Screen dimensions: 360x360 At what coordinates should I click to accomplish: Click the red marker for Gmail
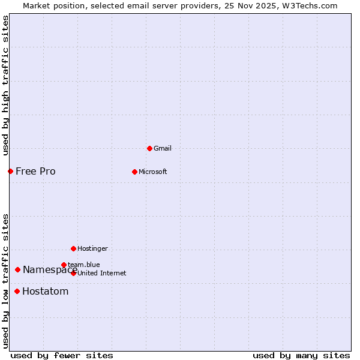pos(149,148)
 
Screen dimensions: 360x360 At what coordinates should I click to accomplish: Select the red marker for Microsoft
pos(134,172)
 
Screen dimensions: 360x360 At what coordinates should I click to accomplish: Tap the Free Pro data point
pos(10,172)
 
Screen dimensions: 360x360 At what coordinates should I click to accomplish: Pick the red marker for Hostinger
pos(73,248)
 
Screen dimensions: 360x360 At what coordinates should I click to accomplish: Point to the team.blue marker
pos(64,265)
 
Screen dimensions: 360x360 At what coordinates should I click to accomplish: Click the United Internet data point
pos(73,273)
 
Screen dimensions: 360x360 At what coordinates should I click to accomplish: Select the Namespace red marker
pos(18,270)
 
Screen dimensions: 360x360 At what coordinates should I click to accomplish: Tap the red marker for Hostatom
pos(17,292)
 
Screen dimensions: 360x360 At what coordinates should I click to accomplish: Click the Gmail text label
pos(163,148)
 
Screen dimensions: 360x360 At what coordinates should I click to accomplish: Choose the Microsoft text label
pos(153,172)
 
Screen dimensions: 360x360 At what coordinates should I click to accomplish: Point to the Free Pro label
pos(35,172)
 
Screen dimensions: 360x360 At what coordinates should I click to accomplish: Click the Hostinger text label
pos(92,248)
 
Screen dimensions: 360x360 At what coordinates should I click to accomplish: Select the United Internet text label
pos(102,273)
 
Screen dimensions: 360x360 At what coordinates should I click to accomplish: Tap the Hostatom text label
pos(45,292)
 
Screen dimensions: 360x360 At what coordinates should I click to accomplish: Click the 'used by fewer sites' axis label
pos(62,355)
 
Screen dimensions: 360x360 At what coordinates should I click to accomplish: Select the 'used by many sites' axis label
pos(301,355)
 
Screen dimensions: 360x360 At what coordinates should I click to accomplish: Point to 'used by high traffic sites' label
pos(5,85)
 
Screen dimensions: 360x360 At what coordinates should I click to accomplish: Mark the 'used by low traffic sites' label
pos(5,281)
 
